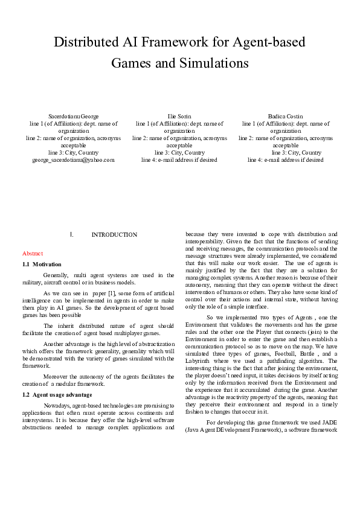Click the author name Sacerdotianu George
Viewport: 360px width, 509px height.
click(73, 116)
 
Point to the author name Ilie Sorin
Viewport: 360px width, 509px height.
click(179, 116)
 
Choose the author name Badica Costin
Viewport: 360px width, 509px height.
click(286, 116)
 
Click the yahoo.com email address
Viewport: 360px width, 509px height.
click(73, 160)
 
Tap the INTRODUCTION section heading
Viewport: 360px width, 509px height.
click(114, 235)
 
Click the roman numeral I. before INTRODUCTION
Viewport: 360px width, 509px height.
click(72, 235)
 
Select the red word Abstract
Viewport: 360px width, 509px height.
click(33, 254)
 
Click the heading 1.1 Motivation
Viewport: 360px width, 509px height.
click(42, 264)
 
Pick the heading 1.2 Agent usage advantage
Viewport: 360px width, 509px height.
click(57, 394)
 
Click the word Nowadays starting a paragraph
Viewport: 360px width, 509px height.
click(58, 406)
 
